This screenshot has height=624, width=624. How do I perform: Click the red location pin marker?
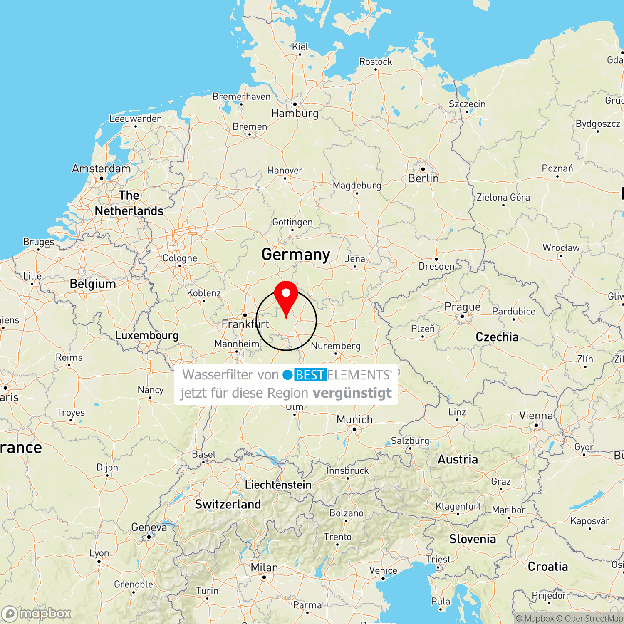tap(286, 296)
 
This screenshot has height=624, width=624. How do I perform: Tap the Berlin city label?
tap(423, 178)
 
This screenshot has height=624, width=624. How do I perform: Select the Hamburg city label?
tap(295, 113)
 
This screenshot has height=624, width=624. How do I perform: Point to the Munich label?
tap(354, 419)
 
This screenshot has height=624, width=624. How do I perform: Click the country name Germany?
tap(296, 254)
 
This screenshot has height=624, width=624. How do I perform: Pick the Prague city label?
tap(462, 307)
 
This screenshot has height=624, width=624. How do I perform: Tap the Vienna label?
tap(536, 416)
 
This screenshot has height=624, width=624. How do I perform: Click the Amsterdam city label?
tap(101, 168)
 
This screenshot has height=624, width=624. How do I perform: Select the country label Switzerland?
tap(228, 504)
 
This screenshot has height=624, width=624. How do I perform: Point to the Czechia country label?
tap(497, 337)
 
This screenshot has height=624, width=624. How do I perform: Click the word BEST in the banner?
tap(310, 375)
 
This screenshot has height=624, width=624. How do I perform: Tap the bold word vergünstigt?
tap(352, 393)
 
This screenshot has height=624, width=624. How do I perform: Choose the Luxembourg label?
tap(146, 335)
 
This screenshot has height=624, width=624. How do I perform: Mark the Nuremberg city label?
tap(335, 346)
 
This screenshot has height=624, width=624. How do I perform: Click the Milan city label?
tap(264, 567)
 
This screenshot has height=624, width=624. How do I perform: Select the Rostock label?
tap(375, 62)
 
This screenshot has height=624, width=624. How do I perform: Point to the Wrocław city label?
tap(561, 248)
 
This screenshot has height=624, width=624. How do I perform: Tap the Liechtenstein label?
tap(278, 485)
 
